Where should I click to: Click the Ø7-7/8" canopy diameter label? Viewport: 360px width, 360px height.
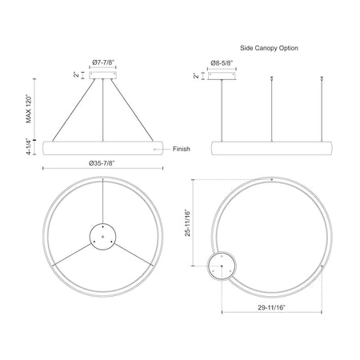point(103,62)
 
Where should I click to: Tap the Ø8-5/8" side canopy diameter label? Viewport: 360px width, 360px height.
point(222,63)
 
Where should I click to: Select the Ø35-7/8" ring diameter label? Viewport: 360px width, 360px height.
point(102,163)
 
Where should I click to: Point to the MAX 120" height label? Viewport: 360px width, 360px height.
point(29,109)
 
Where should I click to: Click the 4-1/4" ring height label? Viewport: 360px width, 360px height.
point(29,146)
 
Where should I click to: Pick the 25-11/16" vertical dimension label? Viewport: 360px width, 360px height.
point(188,223)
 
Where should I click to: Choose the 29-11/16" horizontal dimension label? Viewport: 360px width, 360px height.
point(272,307)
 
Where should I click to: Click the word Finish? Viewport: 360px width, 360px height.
point(182,149)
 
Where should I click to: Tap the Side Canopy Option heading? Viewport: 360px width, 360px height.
point(269,48)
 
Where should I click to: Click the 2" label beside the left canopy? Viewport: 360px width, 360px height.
point(77,75)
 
